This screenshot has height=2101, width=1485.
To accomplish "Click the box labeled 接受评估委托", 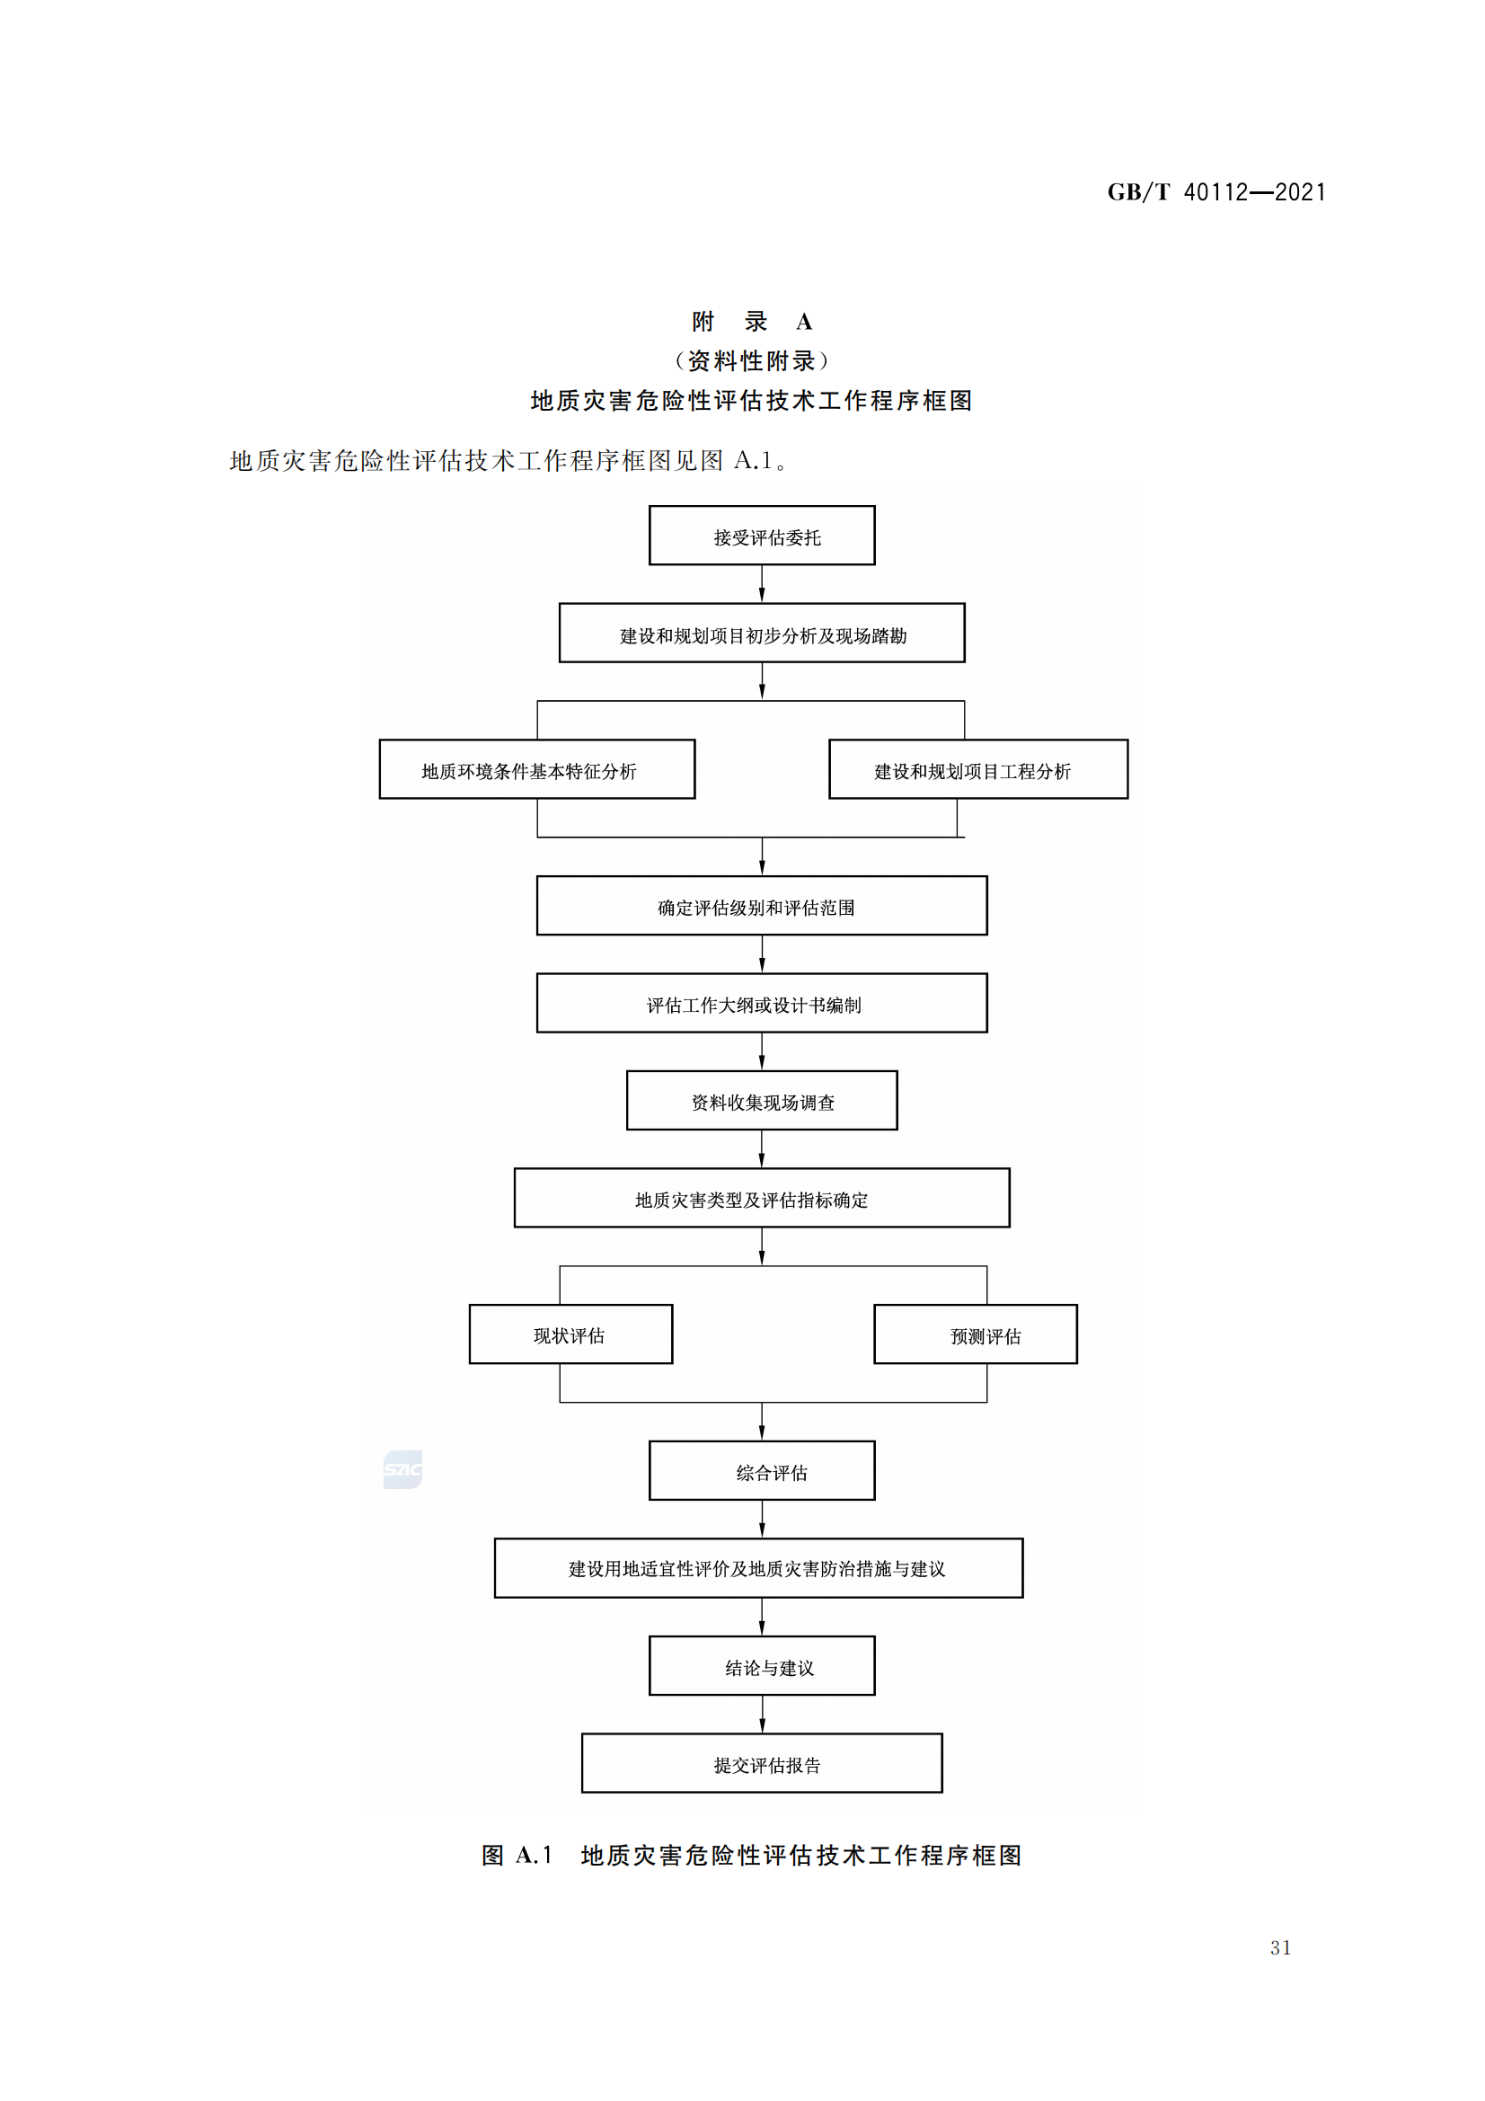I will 761,536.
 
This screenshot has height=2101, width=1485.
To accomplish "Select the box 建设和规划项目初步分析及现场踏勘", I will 761,634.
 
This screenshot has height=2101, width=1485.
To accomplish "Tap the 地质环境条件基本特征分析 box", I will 537,769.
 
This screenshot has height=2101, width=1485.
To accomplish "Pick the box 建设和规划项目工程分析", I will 977,769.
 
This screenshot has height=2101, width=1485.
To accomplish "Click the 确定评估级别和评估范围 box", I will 761,906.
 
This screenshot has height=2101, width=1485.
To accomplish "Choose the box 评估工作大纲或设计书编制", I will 761,1003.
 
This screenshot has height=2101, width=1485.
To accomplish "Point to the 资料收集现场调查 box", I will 761,1101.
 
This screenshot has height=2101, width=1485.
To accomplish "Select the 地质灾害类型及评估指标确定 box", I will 761,1198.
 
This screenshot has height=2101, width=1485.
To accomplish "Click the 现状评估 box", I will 570,1334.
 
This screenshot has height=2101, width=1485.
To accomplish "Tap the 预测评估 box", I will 976,1334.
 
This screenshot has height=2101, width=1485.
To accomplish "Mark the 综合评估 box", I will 761,1470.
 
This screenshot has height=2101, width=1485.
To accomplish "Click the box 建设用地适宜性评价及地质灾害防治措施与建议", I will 758,1568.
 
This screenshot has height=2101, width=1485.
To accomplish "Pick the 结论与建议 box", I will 761,1666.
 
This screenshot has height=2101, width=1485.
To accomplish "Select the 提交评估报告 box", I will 761,1763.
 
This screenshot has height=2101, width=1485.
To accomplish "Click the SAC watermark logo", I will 402,1469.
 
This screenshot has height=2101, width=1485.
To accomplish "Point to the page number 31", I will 1280,1948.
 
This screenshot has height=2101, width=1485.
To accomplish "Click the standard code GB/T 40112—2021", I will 1216,192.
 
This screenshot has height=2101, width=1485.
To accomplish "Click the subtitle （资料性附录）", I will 751,361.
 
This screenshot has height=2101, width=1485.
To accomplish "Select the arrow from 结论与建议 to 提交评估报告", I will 761,1714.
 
